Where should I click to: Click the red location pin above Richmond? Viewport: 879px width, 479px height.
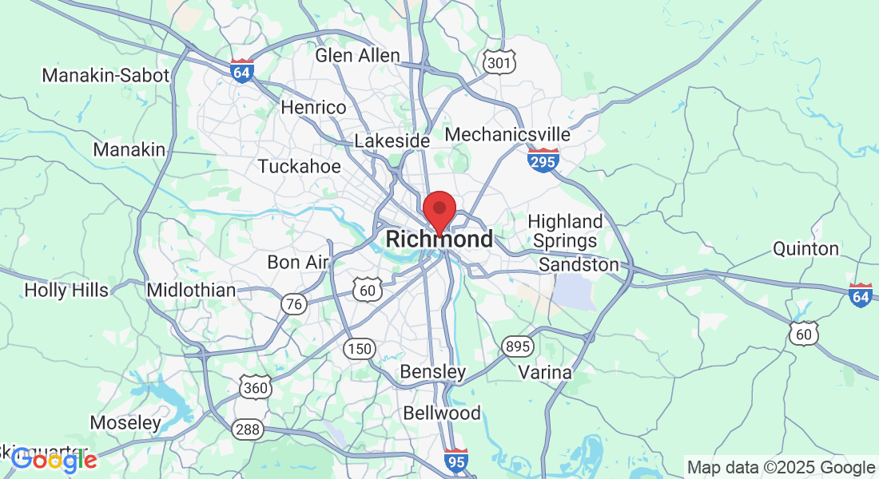click(x=439, y=210)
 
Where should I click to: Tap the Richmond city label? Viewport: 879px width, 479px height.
click(x=439, y=239)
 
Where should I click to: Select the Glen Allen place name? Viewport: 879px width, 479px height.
click(x=357, y=56)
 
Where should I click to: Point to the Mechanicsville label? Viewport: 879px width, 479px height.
click(x=507, y=134)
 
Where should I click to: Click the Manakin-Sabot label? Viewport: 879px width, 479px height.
click(x=105, y=76)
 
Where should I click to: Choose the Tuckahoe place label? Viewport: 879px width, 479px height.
click(x=299, y=167)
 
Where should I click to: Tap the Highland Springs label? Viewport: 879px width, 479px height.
click(x=566, y=231)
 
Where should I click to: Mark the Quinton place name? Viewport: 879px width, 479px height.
click(x=805, y=249)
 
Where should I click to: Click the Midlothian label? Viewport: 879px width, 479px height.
click(x=191, y=291)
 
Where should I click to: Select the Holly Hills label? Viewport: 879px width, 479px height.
click(x=66, y=291)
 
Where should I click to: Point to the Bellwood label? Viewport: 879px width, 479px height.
click(x=442, y=414)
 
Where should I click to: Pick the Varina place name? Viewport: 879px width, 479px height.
click(x=545, y=373)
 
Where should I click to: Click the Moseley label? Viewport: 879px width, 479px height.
click(x=125, y=423)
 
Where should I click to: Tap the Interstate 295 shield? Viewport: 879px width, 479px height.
click(x=543, y=160)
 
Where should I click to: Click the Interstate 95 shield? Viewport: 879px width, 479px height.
click(x=455, y=461)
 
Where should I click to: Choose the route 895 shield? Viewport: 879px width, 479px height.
click(x=517, y=346)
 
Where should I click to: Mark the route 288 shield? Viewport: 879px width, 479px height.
click(x=247, y=430)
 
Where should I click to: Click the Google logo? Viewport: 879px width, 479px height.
click(x=54, y=459)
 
